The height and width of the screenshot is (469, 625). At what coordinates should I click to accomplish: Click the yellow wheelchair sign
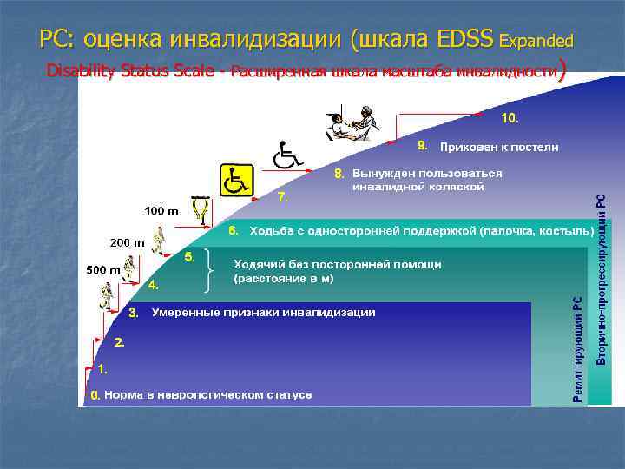236,181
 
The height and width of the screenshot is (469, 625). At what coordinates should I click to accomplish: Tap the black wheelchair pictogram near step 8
286,155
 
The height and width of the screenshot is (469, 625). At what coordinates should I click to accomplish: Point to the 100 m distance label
161,211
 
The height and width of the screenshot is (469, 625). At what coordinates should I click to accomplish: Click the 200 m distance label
127,242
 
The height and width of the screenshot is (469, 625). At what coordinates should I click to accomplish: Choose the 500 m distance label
102,270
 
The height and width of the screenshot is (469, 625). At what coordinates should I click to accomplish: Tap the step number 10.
510,116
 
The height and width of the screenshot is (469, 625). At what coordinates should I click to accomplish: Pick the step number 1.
103,369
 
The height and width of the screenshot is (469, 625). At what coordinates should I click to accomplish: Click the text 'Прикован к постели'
499,147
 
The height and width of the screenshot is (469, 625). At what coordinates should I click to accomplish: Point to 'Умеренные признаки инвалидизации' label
264,312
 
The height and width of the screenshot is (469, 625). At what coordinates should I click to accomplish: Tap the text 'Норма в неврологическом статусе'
207,395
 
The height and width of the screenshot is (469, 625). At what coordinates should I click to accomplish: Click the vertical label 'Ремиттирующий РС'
578,347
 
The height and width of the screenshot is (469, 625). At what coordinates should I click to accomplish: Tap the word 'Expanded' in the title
536,41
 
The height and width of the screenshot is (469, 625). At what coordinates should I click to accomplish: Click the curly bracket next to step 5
209,270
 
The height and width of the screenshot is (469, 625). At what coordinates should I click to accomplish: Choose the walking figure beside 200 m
158,238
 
